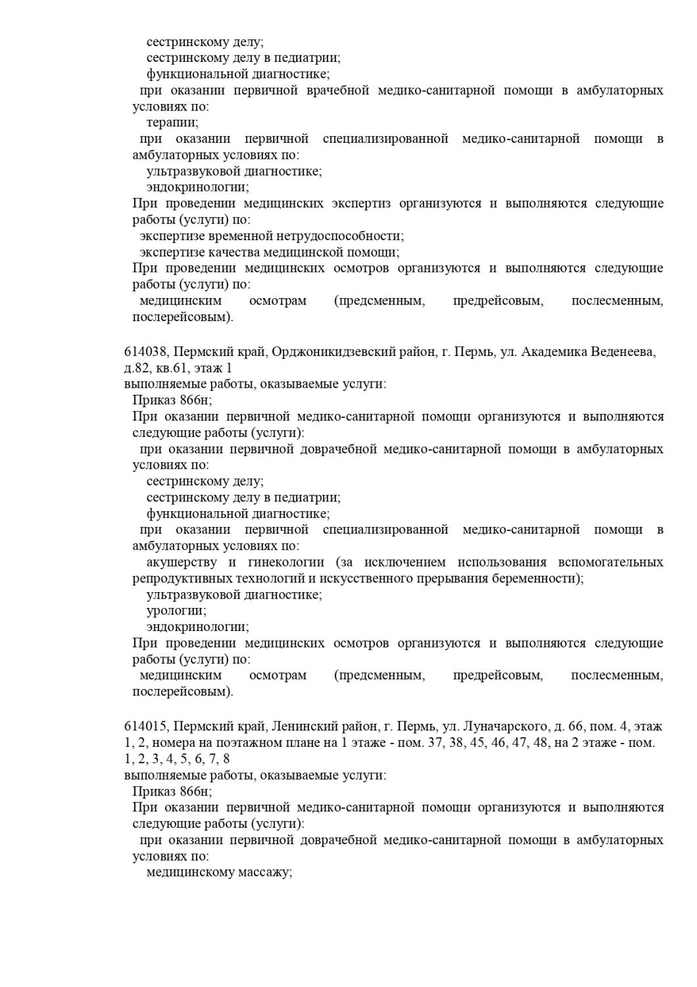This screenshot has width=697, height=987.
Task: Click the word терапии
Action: point(172,122)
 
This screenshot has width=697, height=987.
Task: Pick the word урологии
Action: point(176,611)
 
